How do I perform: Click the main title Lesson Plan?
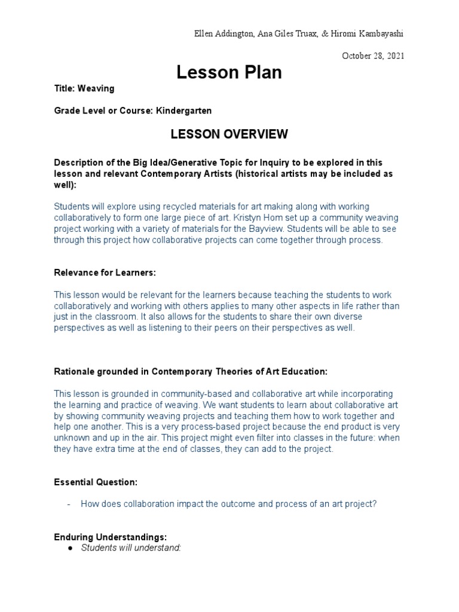[229, 72]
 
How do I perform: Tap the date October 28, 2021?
[373, 56]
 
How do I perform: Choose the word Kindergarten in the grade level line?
[183, 111]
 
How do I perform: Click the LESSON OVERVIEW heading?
[229, 134]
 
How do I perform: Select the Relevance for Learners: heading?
[105, 273]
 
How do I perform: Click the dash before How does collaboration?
[69, 504]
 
